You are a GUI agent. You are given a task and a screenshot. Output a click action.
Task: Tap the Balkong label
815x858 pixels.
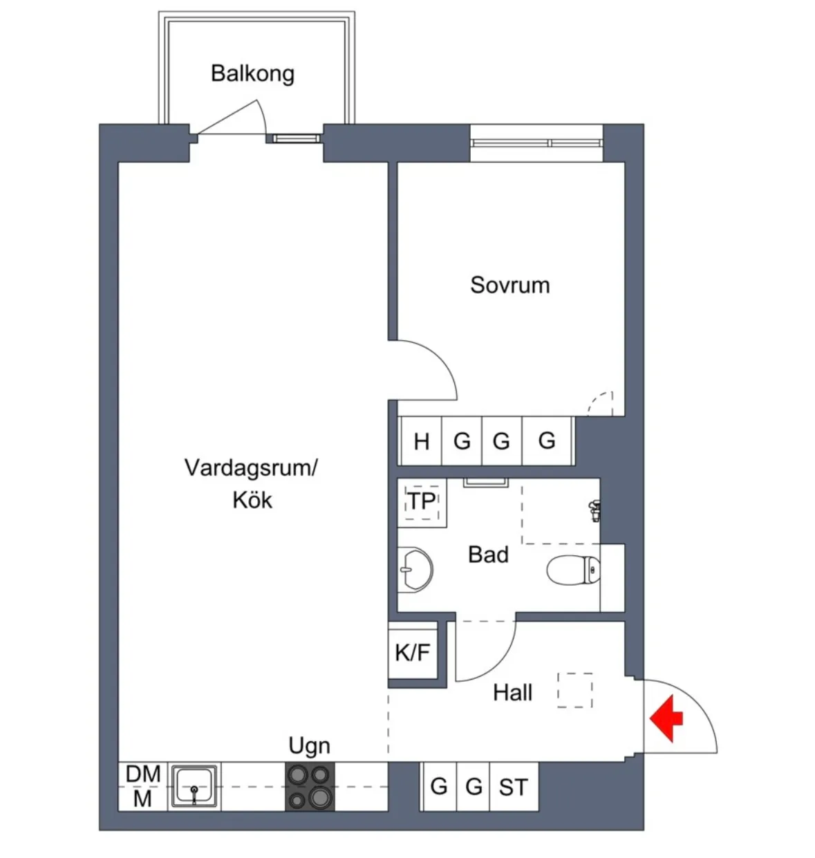tap(252, 73)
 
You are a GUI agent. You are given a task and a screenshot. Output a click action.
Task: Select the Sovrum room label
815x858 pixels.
tap(509, 285)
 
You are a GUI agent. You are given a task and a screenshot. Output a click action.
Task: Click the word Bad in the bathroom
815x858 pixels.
tap(488, 554)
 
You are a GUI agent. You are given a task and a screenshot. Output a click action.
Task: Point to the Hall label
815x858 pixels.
tap(512, 693)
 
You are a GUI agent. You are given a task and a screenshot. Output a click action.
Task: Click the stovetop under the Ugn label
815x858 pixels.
tap(310, 787)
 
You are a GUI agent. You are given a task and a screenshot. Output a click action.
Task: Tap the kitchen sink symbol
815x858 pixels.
tap(195, 786)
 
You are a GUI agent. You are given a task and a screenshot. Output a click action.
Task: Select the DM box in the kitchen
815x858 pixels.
tap(143, 774)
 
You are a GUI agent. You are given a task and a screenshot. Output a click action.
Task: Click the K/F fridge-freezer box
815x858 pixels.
tap(413, 651)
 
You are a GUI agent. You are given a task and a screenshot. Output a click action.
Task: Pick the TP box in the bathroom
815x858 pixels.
tap(421, 501)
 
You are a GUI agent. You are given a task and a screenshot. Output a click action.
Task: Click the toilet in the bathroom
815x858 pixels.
tap(573, 571)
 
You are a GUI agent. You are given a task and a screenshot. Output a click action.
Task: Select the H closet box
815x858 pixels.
tap(421, 441)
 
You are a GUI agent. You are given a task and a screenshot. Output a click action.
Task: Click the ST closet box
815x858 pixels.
tap(513, 787)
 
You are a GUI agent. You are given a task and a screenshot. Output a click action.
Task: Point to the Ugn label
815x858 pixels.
tap(309, 746)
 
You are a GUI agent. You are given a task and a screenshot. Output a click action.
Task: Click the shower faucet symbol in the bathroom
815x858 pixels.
tap(592, 510)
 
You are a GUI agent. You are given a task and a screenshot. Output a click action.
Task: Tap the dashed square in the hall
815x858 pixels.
tap(575, 690)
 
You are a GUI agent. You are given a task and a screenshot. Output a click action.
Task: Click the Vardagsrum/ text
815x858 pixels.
tap(250, 468)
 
